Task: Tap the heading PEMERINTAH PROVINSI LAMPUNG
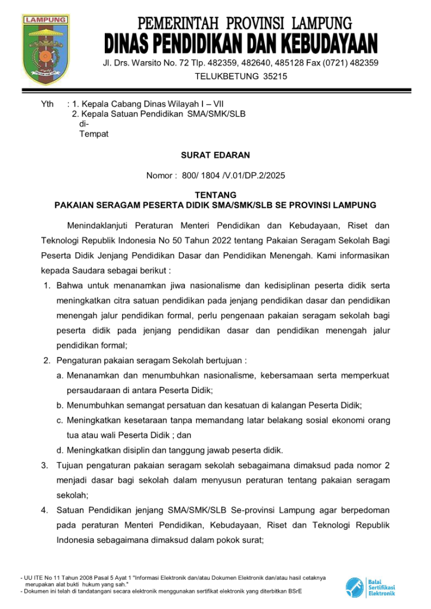point(245,24)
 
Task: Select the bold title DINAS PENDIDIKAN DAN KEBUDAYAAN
point(241,43)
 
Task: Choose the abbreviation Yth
point(47,105)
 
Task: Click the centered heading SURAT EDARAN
point(215,155)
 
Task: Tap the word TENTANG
point(215,195)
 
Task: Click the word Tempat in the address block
point(94,134)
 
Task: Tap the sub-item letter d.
point(60,450)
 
